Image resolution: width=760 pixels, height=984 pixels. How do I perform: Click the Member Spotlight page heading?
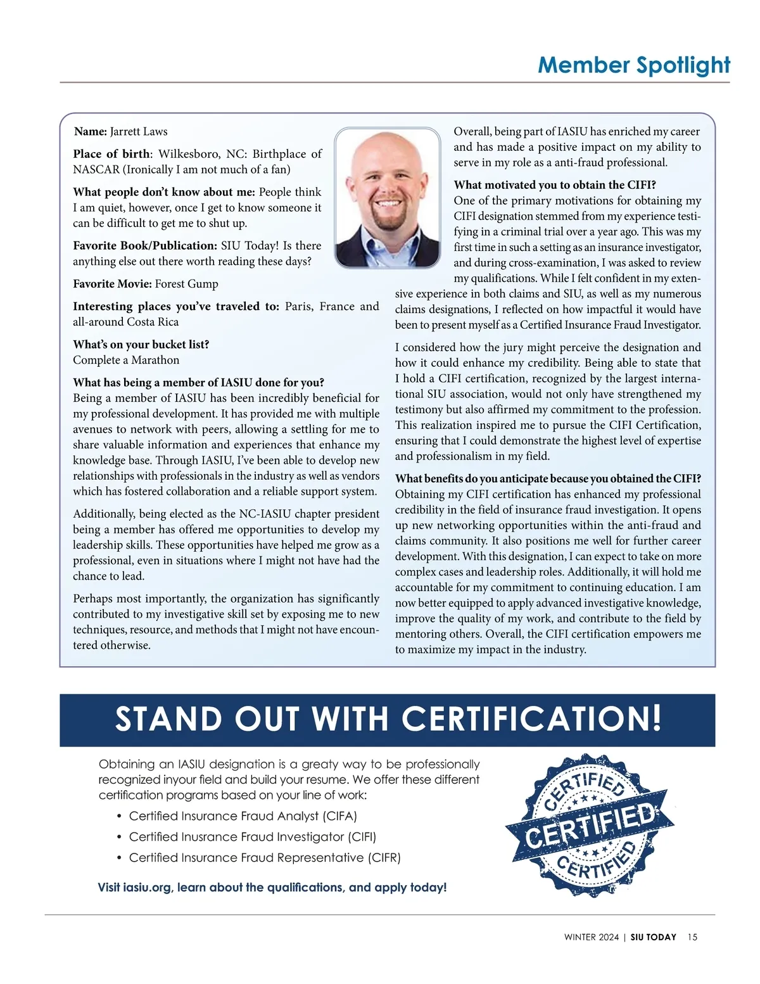point(633,65)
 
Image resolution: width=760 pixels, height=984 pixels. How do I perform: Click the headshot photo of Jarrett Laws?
point(387,198)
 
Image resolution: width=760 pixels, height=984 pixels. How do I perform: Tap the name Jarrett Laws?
point(139,132)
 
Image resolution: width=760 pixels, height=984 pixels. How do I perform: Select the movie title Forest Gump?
point(187,284)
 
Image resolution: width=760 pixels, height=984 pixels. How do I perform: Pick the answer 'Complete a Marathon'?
point(126,360)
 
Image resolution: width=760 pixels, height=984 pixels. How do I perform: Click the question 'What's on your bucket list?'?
point(141,345)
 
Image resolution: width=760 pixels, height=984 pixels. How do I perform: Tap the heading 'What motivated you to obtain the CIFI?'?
point(555,185)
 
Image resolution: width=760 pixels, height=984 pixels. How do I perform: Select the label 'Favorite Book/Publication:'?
point(144,246)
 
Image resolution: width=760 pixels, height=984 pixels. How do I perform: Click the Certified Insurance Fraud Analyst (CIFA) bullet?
point(243,816)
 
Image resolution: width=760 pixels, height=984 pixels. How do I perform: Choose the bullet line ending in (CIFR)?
point(265,858)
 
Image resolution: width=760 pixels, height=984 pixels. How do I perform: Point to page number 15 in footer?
point(692,937)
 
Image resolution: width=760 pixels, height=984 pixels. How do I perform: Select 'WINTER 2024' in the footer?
point(591,937)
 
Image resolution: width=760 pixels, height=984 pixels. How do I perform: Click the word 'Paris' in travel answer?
point(298,307)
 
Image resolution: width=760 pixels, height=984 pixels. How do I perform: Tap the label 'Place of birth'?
point(111,154)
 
